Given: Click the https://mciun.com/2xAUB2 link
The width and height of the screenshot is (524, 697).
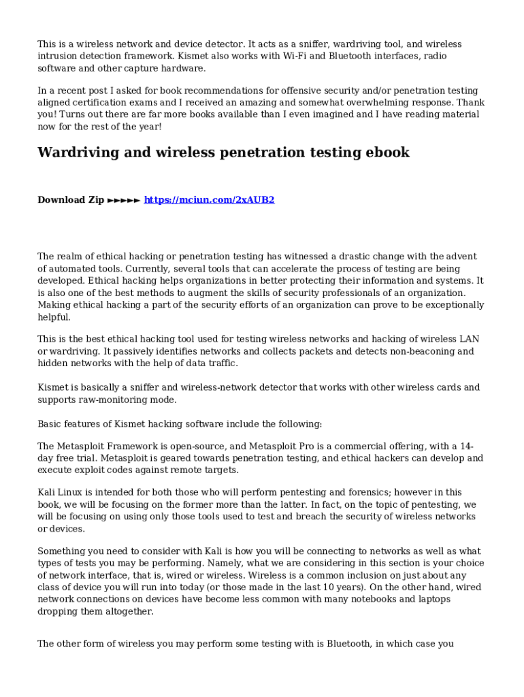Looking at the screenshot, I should click(209, 200).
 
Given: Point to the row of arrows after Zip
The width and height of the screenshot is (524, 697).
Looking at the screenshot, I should click(124, 200).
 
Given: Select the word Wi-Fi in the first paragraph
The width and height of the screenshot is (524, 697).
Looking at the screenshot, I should click(291, 56).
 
